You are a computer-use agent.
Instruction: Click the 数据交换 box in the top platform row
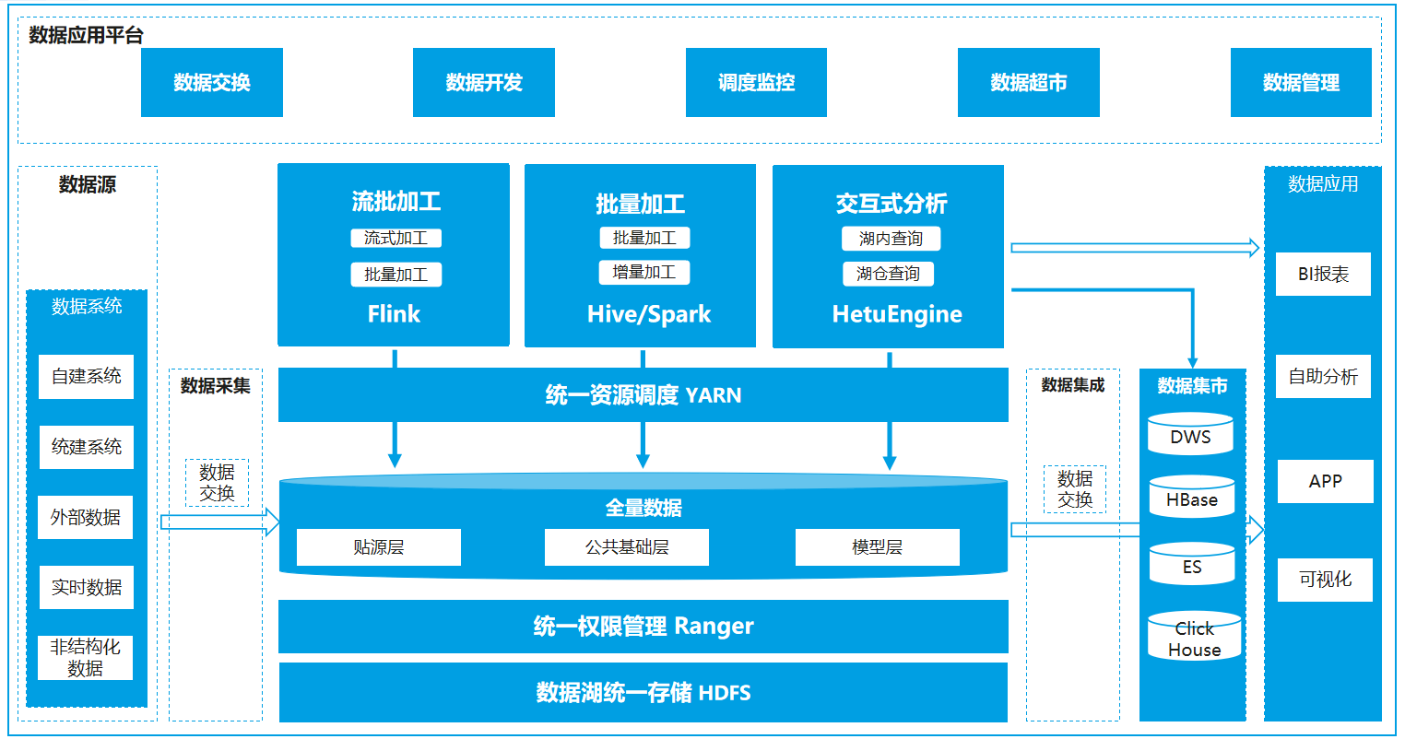(211, 83)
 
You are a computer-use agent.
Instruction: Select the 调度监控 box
(756, 83)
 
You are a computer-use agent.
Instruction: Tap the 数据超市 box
(1028, 83)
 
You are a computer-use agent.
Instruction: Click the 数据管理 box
(1300, 83)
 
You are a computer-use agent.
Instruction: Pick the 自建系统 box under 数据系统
(86, 377)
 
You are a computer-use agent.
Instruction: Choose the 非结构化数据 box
(85, 658)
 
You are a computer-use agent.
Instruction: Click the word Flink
(394, 314)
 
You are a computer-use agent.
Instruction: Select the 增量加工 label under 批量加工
(643, 273)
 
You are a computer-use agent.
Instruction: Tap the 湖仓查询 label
(888, 274)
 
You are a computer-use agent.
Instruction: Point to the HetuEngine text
(896, 314)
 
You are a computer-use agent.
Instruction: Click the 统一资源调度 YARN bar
(643, 395)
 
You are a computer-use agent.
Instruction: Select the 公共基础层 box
(626, 547)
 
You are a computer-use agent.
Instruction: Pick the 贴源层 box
(378, 547)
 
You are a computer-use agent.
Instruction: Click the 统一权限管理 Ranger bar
(643, 627)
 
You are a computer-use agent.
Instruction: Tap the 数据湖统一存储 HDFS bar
(643, 693)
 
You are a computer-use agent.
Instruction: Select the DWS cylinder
(1190, 436)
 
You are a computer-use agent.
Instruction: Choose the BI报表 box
(1323, 275)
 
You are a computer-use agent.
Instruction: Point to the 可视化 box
(1325, 580)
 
